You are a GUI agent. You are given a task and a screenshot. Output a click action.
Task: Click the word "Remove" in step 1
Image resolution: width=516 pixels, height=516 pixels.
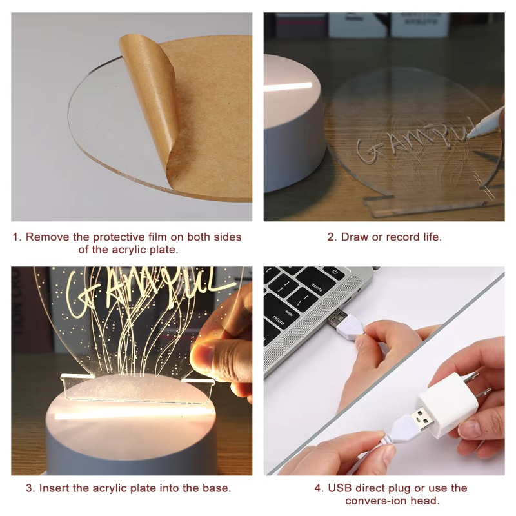click(48, 237)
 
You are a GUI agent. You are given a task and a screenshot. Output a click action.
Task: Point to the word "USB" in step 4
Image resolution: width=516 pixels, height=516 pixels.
click(340, 488)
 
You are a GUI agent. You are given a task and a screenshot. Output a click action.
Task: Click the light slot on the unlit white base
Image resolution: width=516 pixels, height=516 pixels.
click(288, 87)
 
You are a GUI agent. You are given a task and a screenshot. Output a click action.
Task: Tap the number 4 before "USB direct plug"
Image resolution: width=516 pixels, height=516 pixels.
click(317, 488)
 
